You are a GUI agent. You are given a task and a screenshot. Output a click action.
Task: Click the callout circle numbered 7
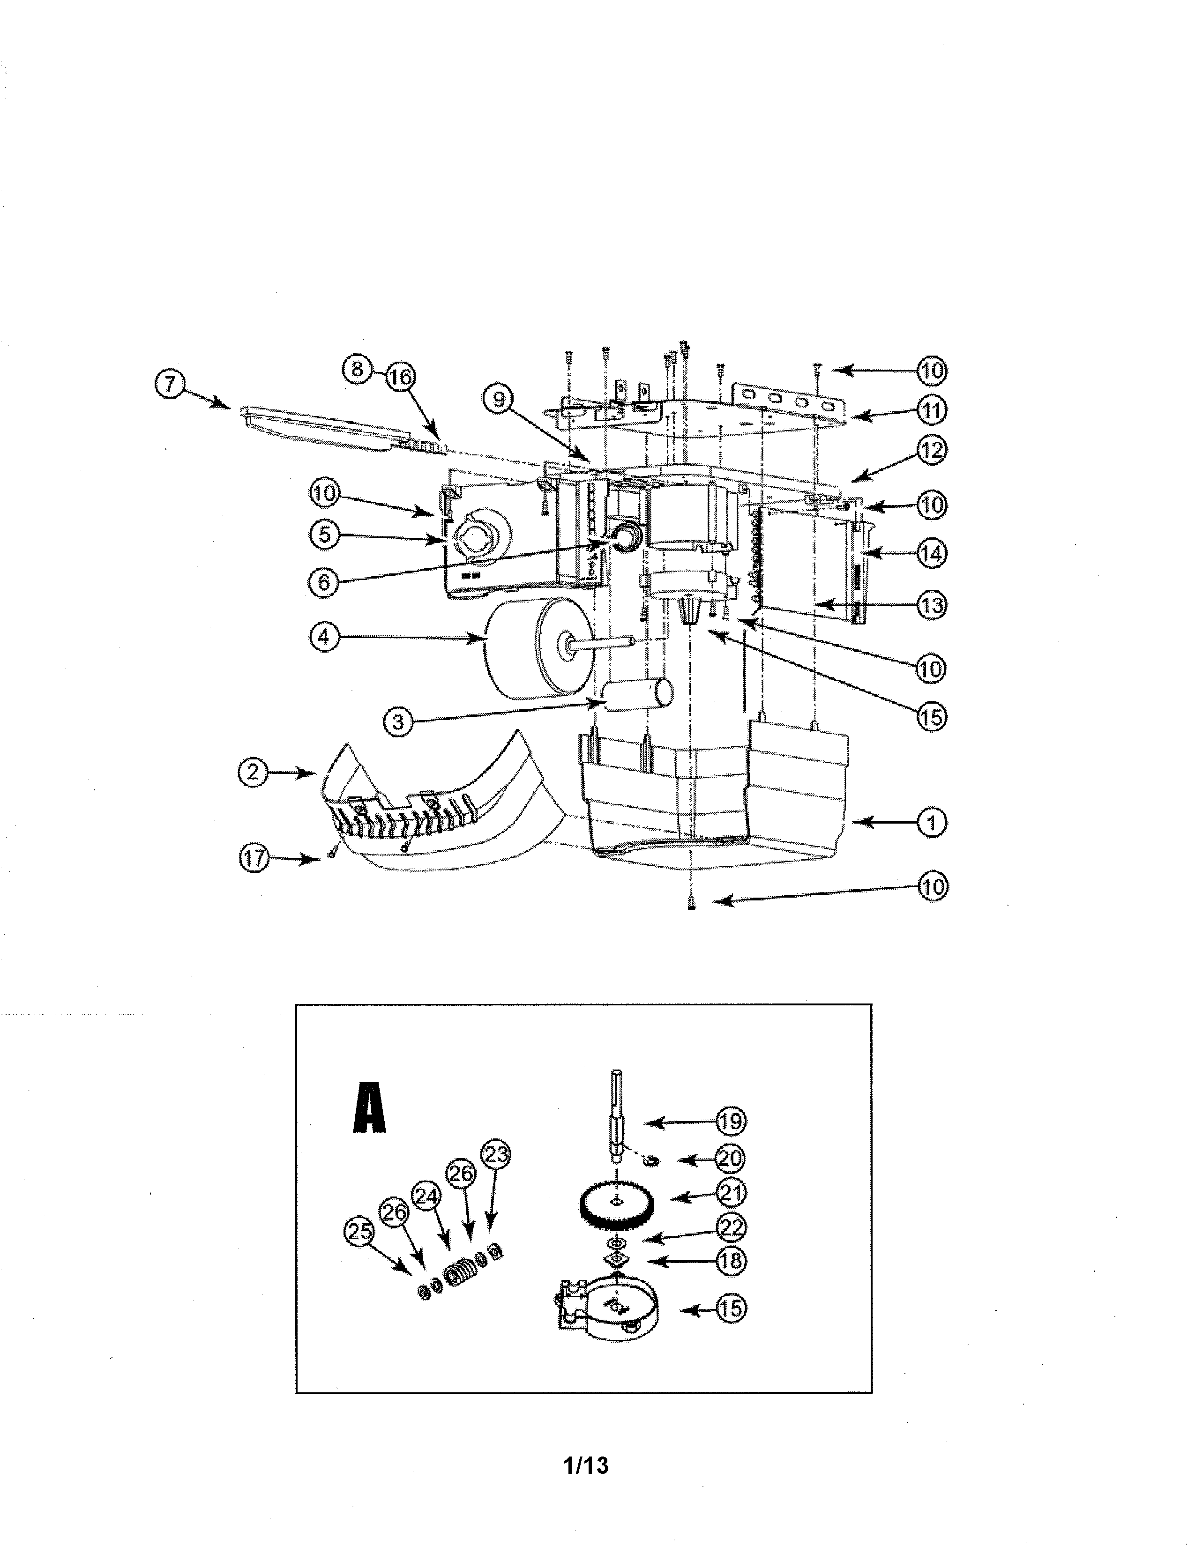(x=169, y=386)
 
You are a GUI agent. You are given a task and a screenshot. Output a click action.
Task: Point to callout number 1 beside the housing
(x=932, y=823)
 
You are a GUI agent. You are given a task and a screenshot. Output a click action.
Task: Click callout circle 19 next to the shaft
(x=732, y=1121)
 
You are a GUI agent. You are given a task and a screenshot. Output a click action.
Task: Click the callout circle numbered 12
(x=932, y=450)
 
